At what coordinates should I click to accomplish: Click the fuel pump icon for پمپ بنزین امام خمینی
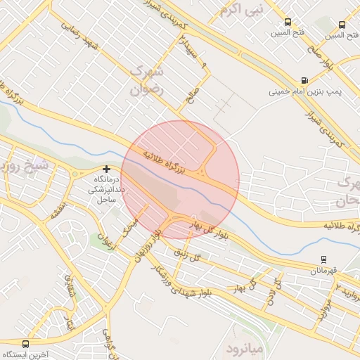pos(304,80)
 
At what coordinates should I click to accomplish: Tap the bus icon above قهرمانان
pos(323,259)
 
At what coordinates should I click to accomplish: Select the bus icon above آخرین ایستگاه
pos(26,345)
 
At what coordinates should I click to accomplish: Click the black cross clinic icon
pos(106,169)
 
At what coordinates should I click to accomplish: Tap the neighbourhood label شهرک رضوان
pos(147,82)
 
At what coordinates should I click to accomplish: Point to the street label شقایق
pos(69,285)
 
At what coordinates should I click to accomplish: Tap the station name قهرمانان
pos(323,271)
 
